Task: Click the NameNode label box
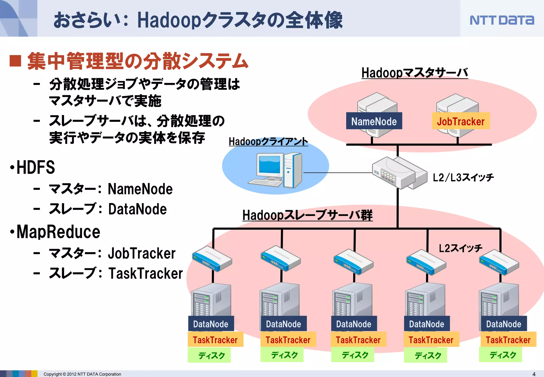point(374,121)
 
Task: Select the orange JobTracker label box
point(460,121)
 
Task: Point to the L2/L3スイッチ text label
point(463,177)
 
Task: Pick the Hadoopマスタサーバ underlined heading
point(414,73)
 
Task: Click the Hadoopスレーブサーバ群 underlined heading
point(307,215)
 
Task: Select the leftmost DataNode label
point(211,324)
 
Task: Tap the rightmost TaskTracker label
point(508,340)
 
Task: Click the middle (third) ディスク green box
point(355,355)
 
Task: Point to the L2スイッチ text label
point(460,248)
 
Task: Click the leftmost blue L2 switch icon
point(212,259)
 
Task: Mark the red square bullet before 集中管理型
point(15,61)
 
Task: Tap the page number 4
point(534,374)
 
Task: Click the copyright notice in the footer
point(82,374)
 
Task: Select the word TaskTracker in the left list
point(146,273)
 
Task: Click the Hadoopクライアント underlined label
point(268,141)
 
